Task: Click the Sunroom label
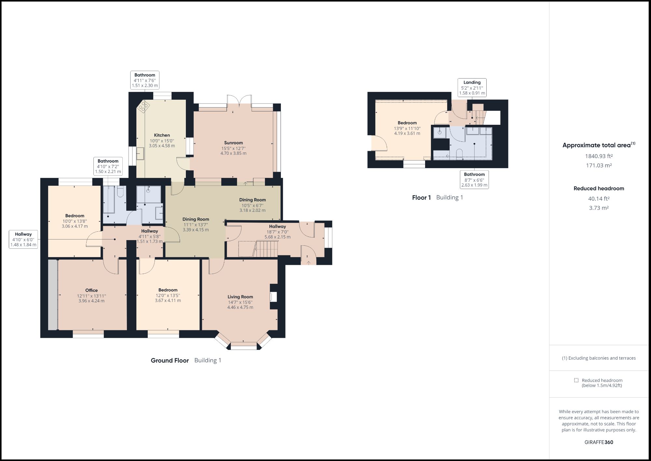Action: point(233,143)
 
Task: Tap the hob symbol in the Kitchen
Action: point(144,106)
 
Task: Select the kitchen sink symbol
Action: point(140,153)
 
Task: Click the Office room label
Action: point(91,290)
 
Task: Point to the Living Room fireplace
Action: point(273,297)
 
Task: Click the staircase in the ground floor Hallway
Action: point(267,249)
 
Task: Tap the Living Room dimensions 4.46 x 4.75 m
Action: point(240,307)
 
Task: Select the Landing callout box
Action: point(472,88)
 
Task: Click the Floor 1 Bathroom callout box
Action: point(474,180)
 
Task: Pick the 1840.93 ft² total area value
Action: point(599,156)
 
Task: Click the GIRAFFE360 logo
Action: point(599,442)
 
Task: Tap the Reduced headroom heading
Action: point(599,188)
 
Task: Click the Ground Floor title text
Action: point(170,360)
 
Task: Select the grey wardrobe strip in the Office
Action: point(52,295)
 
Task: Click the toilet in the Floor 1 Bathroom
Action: point(460,154)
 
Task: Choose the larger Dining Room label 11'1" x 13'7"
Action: point(196,224)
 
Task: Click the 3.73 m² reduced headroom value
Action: point(599,208)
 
